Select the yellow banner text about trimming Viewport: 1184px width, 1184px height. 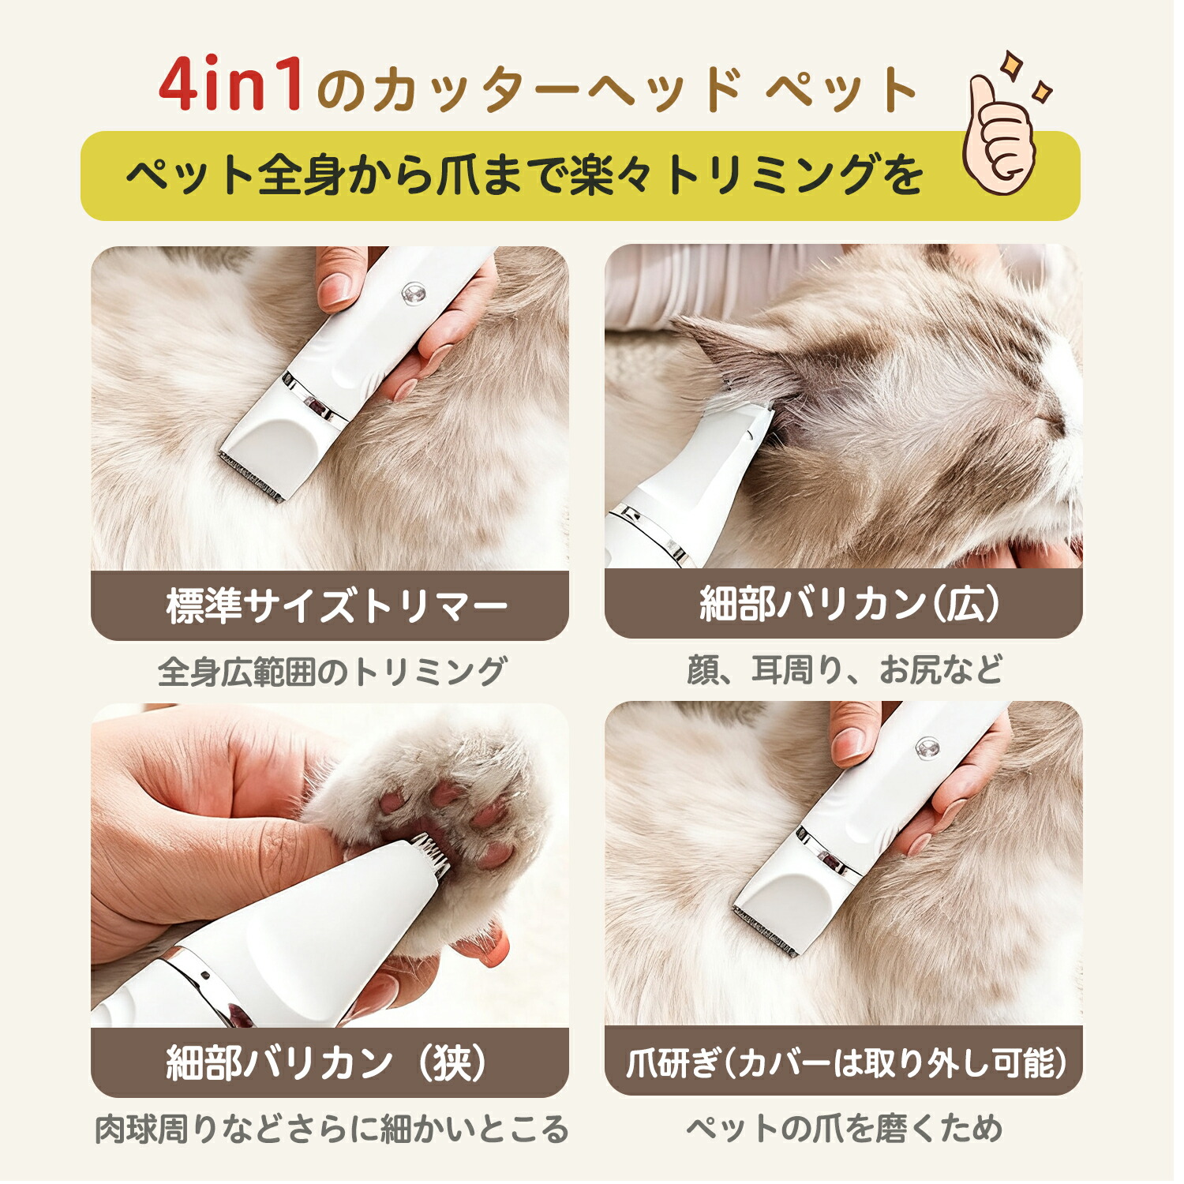tap(524, 175)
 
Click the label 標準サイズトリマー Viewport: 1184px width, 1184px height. tap(337, 606)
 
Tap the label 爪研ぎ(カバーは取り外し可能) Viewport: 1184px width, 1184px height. tap(846, 1062)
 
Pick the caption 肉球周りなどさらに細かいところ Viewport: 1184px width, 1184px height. tap(332, 1129)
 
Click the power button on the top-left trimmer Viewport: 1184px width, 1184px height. tap(412, 295)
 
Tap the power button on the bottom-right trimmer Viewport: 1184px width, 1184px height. tap(927, 747)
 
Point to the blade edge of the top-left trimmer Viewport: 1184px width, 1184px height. tap(250, 478)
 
